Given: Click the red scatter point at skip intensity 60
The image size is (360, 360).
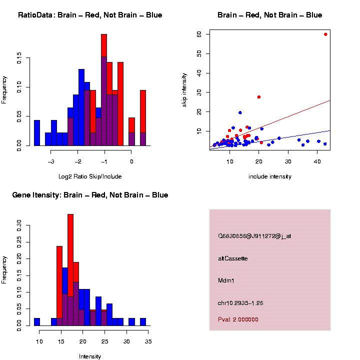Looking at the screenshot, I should [325, 34].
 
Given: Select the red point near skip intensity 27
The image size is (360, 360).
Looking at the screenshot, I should [259, 97].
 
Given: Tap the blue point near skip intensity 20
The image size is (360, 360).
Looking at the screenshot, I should [240, 113].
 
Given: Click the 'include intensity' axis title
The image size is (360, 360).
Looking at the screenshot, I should [270, 176].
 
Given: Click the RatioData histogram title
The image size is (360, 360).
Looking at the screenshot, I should [90, 15].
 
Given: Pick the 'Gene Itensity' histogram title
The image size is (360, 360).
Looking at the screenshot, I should [90, 195].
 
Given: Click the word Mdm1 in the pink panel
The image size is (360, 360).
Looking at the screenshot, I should [226, 280].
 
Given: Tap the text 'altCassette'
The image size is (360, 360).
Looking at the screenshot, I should [233, 258].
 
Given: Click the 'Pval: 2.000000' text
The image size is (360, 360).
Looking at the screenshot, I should [238, 319].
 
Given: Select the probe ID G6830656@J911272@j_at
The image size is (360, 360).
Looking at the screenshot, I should [254, 236].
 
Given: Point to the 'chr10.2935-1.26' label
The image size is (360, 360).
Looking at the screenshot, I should [240, 303].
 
